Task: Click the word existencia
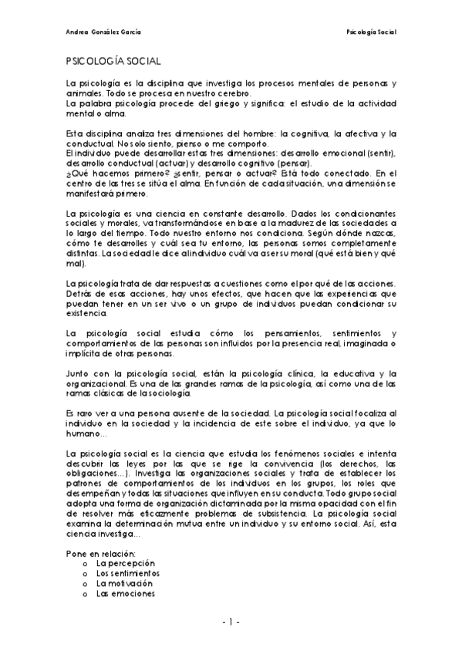point(88,315)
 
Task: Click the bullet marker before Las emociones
point(83,594)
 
